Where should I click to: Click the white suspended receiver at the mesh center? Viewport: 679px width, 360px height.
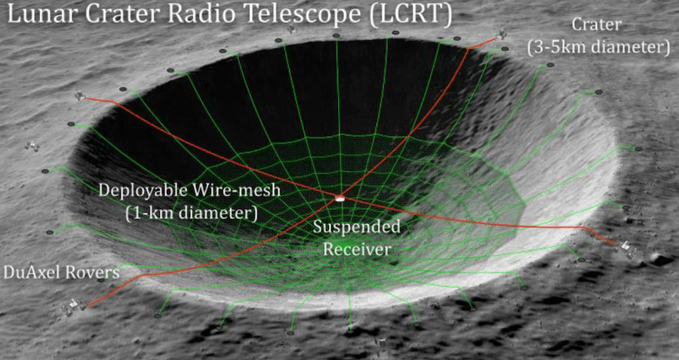(x=340, y=198)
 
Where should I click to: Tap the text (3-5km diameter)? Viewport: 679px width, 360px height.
(x=598, y=47)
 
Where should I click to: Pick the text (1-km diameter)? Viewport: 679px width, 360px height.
(x=192, y=213)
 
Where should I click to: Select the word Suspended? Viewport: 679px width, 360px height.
(x=356, y=227)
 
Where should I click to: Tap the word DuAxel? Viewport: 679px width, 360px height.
(x=32, y=272)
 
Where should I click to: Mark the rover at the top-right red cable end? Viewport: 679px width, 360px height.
(x=501, y=34)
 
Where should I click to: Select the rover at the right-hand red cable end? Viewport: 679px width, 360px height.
(x=625, y=247)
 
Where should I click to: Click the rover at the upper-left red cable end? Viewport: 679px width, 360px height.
(x=78, y=96)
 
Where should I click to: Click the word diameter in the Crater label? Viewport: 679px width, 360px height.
(x=621, y=47)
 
